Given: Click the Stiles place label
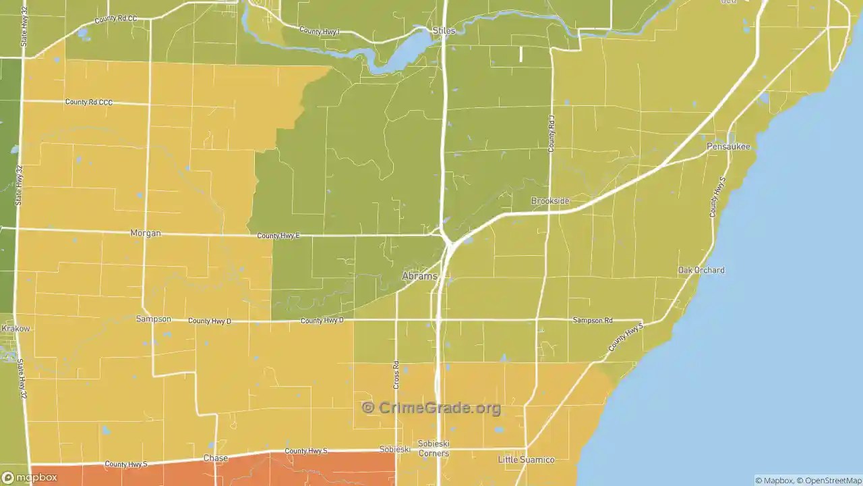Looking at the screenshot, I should click(x=444, y=31).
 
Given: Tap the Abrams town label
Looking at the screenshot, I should click(x=419, y=276).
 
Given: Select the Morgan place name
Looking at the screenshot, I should click(x=145, y=234).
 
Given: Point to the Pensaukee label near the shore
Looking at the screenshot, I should click(x=728, y=146).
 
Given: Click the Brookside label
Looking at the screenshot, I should click(x=550, y=201).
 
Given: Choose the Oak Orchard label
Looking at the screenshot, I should click(x=701, y=270).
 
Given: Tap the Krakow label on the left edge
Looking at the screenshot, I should click(x=16, y=329).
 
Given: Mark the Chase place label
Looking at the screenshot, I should click(x=216, y=458).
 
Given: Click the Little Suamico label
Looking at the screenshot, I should click(x=526, y=460).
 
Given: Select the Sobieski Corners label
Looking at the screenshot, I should click(x=434, y=449).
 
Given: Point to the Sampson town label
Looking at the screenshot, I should click(x=153, y=319).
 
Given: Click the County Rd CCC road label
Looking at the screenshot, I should click(x=89, y=102).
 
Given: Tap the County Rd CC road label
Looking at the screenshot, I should click(x=115, y=19).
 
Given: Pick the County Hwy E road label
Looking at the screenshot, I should click(x=278, y=236).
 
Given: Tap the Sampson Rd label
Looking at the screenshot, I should click(x=592, y=320).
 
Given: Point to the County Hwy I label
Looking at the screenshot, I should click(x=320, y=31).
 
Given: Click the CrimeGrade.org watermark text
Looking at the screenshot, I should click(x=431, y=408).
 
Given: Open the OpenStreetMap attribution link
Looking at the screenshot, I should click(x=831, y=481).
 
